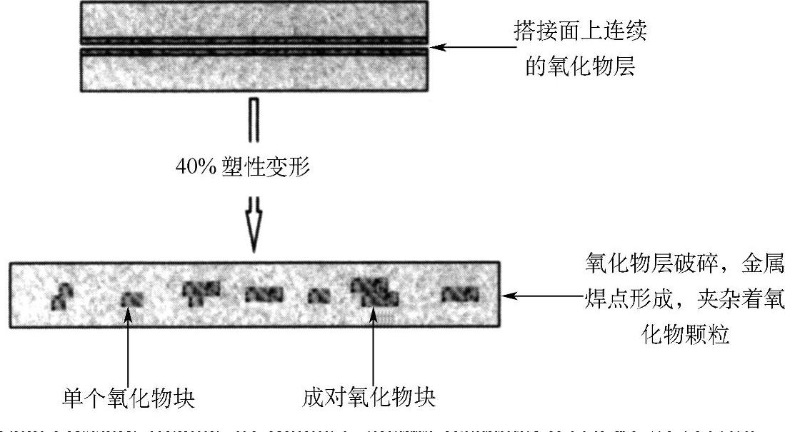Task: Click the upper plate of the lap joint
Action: click(x=255, y=22)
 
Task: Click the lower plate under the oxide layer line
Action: click(x=255, y=72)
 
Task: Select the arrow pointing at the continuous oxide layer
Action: click(x=475, y=48)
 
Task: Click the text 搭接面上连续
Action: click(x=582, y=29)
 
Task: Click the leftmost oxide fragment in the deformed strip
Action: click(x=64, y=293)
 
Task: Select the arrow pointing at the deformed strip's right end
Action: click(x=543, y=294)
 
